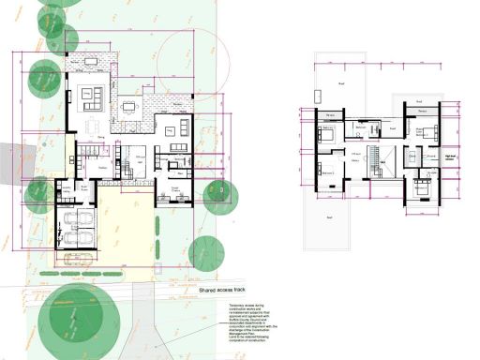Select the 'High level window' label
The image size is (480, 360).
tap(451, 159)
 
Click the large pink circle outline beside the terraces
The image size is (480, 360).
tap(187, 62)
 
